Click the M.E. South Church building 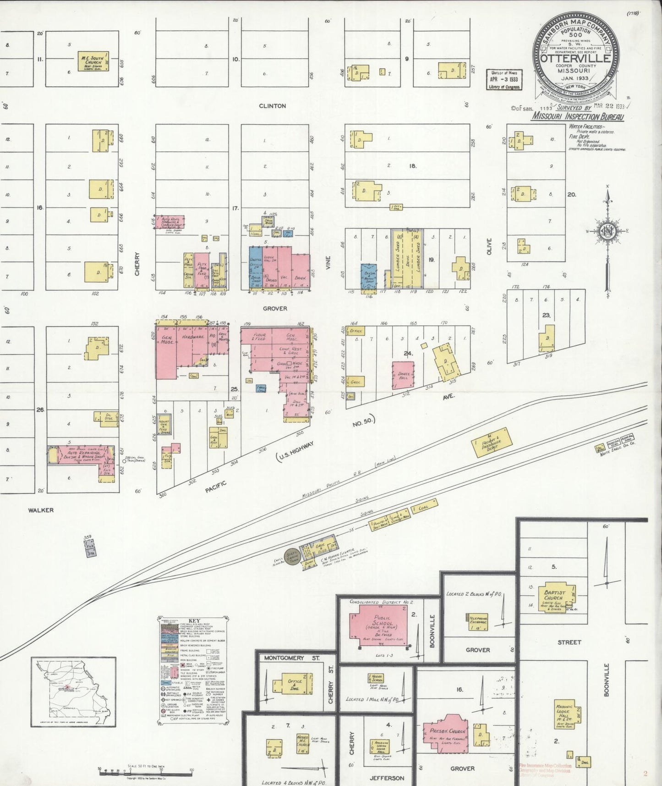coord(92,61)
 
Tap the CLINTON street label coord(272,106)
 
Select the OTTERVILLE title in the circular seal coord(575,59)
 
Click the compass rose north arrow coord(608,197)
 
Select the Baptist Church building coord(554,597)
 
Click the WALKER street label coord(41,510)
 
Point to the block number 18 coord(413,166)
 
